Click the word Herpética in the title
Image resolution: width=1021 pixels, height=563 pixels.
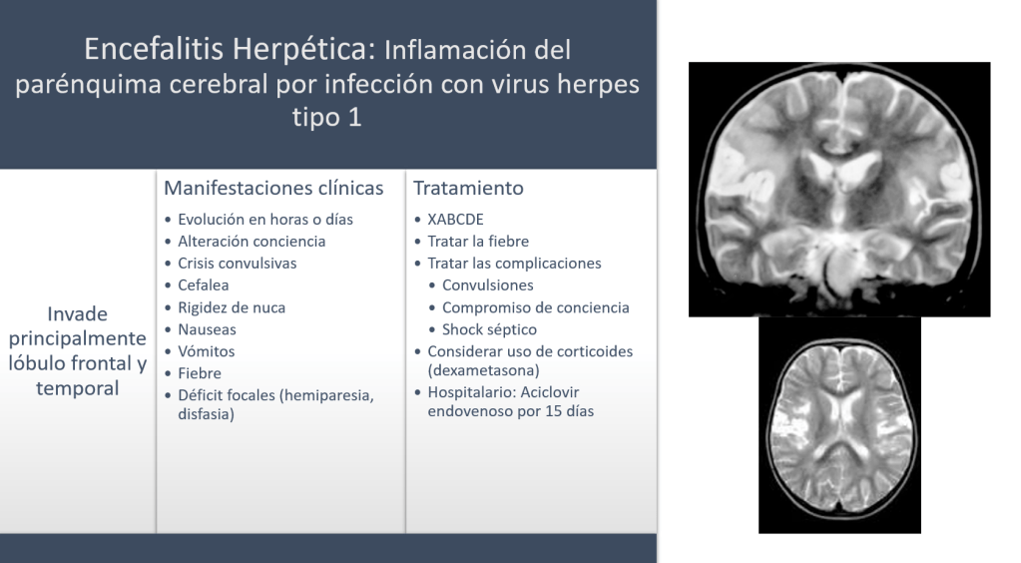[304, 50]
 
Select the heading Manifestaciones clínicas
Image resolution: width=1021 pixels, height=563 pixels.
[273, 188]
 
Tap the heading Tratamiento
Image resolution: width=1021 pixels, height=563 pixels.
[468, 188]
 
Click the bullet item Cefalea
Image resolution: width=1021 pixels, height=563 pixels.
[204, 285]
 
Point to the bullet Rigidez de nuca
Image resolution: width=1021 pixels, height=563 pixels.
[232, 307]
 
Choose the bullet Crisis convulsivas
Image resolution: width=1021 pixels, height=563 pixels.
[237, 264]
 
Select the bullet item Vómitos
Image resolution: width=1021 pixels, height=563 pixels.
[207, 351]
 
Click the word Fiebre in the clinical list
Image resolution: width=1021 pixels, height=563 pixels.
[200, 373]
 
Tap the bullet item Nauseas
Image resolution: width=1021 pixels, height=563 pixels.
[207, 329]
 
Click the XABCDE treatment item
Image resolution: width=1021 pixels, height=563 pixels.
[455, 220]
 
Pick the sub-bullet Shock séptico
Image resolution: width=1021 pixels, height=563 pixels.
[490, 329]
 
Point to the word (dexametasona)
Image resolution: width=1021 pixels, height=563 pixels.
[483, 370]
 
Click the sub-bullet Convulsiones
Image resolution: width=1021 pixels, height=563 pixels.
[488, 285]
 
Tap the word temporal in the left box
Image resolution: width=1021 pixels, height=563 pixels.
[78, 388]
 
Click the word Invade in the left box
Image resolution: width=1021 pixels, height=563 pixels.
[78, 314]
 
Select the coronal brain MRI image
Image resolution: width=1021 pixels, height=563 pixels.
[839, 190]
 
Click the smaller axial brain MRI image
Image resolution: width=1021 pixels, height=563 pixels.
[839, 425]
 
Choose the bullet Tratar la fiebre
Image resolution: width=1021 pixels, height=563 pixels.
[478, 242]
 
